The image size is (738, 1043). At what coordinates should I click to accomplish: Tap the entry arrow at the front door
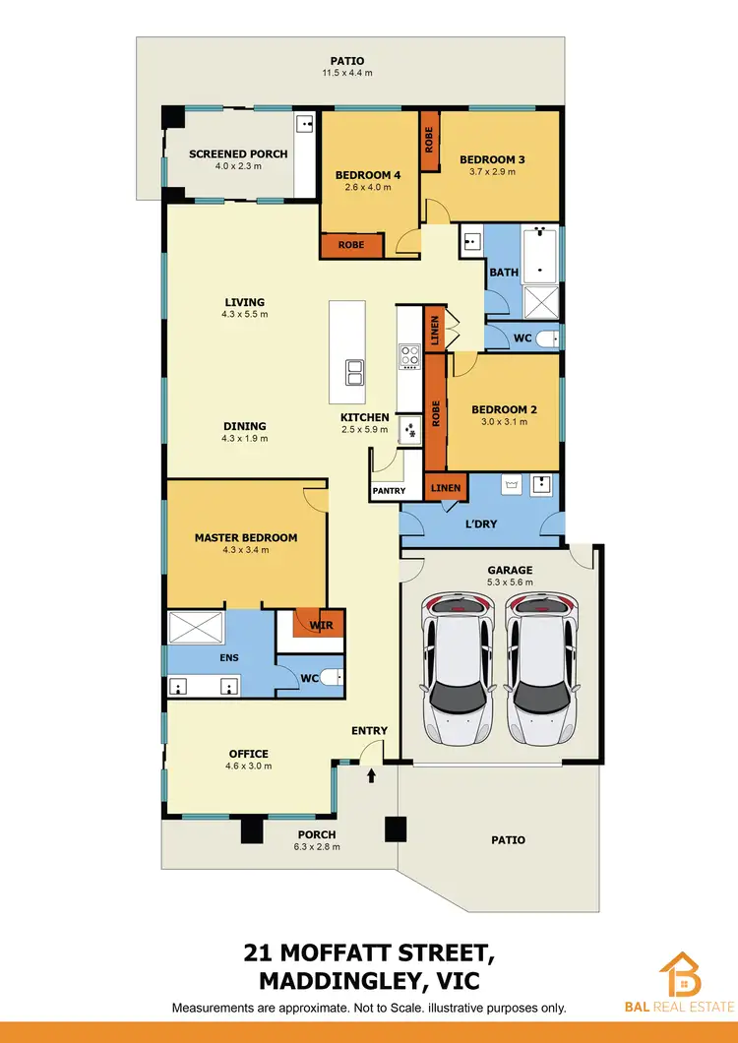tap(371, 776)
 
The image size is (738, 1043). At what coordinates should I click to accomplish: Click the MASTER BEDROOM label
tap(245, 537)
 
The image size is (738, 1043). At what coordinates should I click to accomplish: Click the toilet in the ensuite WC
tap(332, 676)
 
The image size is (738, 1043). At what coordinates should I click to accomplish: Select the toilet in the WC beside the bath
tap(551, 337)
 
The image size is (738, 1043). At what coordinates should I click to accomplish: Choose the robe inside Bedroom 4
tap(351, 245)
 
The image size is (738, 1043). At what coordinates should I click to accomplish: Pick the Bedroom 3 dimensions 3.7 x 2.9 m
tap(493, 171)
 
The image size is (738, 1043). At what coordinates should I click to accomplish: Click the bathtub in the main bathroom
tap(540, 254)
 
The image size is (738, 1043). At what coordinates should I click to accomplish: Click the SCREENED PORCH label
tap(238, 154)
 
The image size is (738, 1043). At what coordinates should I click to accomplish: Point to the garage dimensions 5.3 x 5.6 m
tap(510, 583)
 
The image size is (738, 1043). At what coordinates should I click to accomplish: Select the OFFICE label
tap(248, 754)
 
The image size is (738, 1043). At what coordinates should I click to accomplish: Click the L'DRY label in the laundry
tap(481, 524)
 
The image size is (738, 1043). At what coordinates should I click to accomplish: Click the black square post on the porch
tap(396, 829)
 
